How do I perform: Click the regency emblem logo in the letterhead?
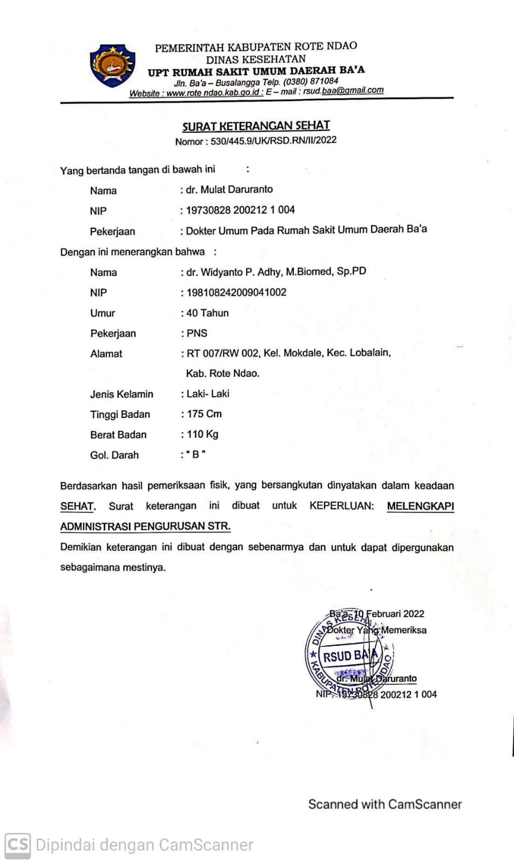pos(112,66)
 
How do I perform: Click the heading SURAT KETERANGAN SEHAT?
pos(256,126)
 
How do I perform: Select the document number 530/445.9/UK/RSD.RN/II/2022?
pos(273,140)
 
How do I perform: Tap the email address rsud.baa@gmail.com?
pos(343,91)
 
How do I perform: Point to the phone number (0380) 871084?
pos(311,82)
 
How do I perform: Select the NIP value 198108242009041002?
pos(236,293)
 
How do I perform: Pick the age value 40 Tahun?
pos(207,313)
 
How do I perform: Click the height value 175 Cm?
pos(204,414)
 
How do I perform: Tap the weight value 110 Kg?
pos(202,435)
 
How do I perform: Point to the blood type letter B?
pos(195,455)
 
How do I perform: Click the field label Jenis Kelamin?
pos(121,394)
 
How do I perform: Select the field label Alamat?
pos(106,354)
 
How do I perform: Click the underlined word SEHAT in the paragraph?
pos(77,507)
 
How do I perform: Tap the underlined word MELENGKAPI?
pos(420,506)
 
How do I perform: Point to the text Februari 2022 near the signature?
pos(395,614)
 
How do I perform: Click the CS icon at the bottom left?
pos(17,844)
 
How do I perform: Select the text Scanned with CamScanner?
pos(384,804)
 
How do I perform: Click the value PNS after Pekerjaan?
pos(197,333)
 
